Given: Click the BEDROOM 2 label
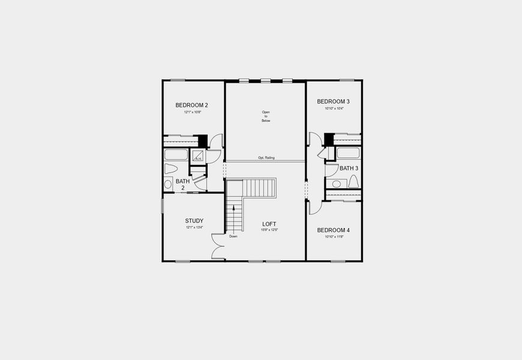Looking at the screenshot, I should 192,105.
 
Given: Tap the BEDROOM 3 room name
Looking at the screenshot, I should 334,101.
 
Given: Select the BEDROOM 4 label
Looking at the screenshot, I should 334,230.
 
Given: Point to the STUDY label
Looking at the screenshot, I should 194,220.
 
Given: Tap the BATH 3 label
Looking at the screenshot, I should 349,169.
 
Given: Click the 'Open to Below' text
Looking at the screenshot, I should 266,116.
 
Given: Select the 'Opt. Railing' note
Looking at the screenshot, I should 266,157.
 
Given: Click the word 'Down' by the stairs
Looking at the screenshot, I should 233,236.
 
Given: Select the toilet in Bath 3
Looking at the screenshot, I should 353,181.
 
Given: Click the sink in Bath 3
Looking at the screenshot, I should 336,184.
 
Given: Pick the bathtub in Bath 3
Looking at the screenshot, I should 348,153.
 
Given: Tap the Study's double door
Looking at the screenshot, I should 217,247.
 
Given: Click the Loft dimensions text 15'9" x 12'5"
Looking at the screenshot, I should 269,230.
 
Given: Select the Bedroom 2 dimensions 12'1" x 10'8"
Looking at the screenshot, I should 192,112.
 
